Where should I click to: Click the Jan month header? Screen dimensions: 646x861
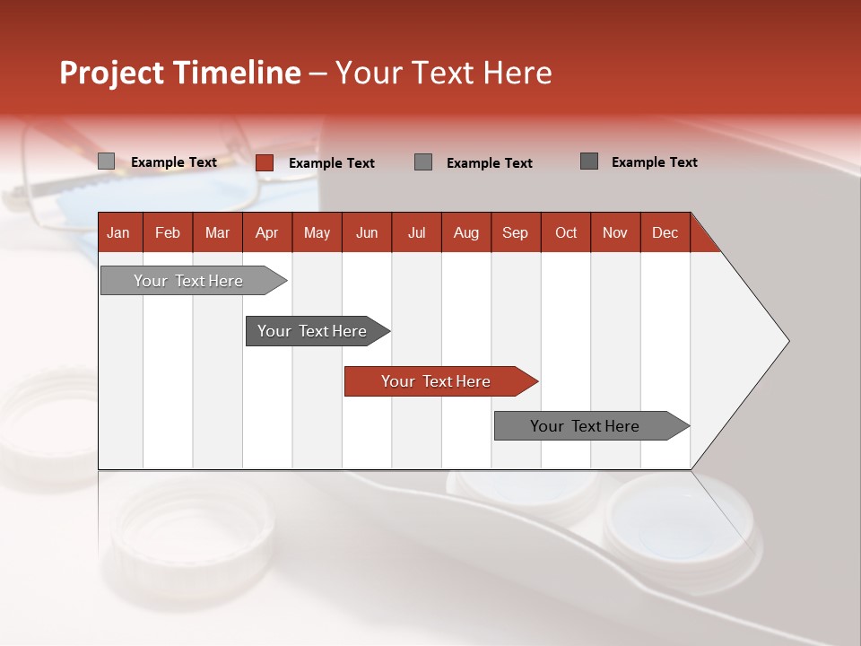click(118, 232)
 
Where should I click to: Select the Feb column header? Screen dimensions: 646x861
click(168, 232)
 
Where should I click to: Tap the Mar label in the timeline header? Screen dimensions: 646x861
click(217, 232)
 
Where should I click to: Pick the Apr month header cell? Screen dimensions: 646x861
click(267, 232)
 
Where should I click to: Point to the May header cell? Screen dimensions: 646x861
click(317, 232)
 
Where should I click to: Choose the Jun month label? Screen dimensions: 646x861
click(367, 232)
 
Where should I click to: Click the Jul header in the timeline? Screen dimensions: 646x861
click(416, 232)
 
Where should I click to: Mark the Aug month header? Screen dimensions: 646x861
click(466, 232)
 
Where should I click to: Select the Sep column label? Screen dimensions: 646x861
click(516, 232)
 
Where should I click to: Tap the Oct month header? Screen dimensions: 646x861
click(566, 232)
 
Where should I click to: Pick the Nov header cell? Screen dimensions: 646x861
click(615, 232)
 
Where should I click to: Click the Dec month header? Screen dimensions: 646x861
click(665, 232)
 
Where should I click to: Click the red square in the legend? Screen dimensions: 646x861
click(264, 162)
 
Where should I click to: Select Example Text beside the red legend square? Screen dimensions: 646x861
click(332, 163)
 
